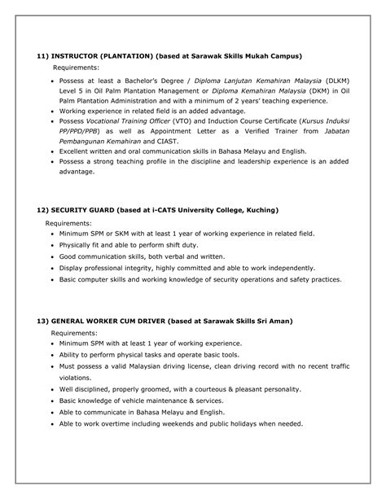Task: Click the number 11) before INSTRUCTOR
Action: (x=45, y=56)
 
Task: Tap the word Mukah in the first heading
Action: (x=257, y=56)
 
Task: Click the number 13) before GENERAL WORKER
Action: (x=45, y=322)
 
